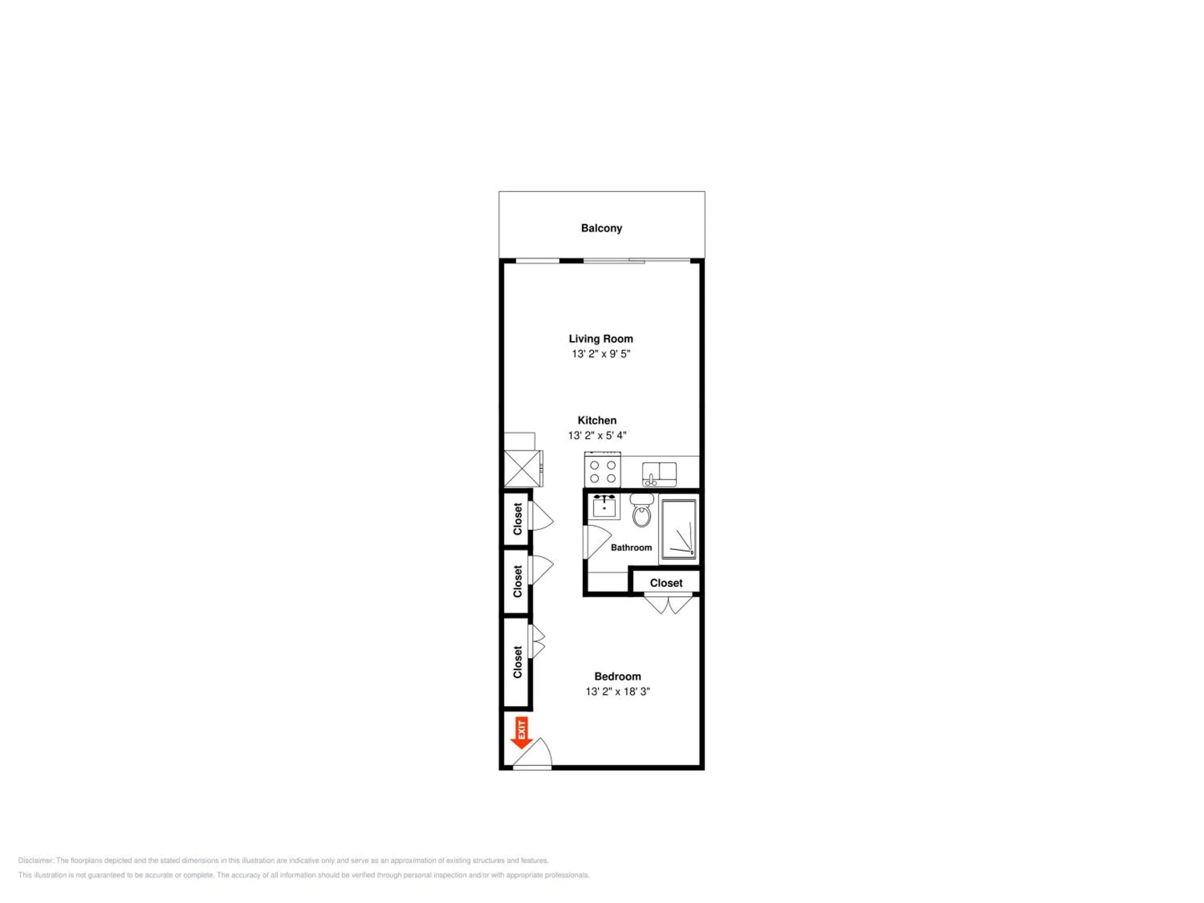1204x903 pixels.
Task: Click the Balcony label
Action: (602, 228)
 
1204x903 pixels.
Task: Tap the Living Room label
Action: (601, 339)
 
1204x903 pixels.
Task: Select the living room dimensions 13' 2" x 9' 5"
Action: (601, 354)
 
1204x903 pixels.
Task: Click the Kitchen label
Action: (597, 420)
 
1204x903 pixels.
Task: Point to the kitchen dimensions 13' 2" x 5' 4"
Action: (597, 435)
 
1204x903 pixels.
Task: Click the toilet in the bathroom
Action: (642, 510)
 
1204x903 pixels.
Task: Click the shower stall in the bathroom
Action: (678, 529)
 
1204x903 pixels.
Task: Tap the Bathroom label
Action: (631, 547)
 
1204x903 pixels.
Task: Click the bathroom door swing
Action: (598, 541)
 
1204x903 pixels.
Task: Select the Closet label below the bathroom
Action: (666, 583)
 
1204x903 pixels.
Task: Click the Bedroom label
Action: (618, 677)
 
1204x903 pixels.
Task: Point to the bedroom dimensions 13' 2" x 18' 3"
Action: (618, 692)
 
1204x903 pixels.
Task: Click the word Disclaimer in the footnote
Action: (36, 860)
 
